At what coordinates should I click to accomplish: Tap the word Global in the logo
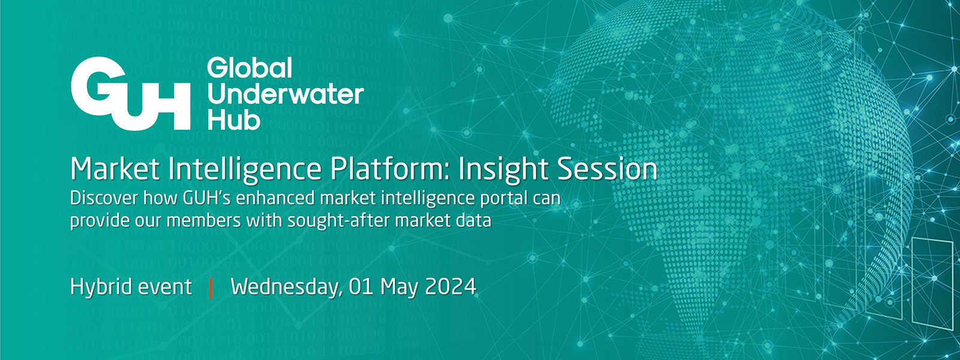click(x=250, y=68)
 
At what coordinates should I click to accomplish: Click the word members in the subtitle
click(x=199, y=221)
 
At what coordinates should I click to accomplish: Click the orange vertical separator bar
click(x=211, y=287)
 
